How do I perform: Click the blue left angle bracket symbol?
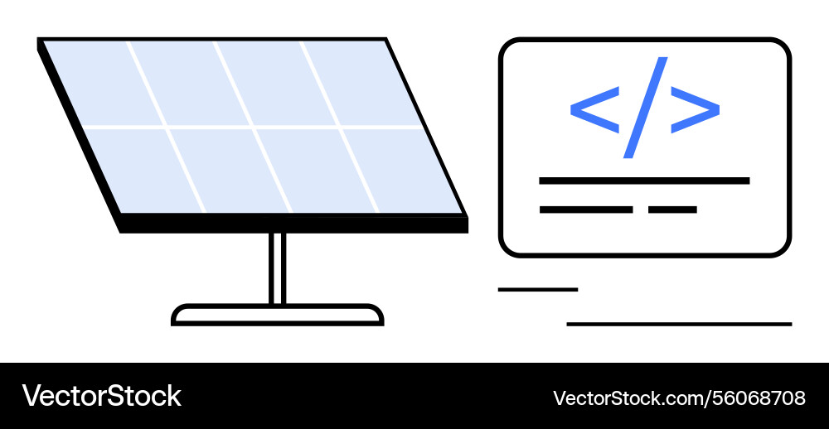pos(594,108)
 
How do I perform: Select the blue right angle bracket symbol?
pos(695,108)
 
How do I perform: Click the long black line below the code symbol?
pos(644,181)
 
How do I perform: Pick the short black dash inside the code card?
pos(672,210)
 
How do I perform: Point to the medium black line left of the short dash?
pos(586,210)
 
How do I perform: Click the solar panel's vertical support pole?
pos(278,268)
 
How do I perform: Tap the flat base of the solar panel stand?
pos(278,315)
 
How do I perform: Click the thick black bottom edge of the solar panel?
pos(294,224)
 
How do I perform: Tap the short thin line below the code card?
pos(537,289)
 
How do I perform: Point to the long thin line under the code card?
pos(679,324)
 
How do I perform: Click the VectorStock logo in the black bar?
pos(101,396)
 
